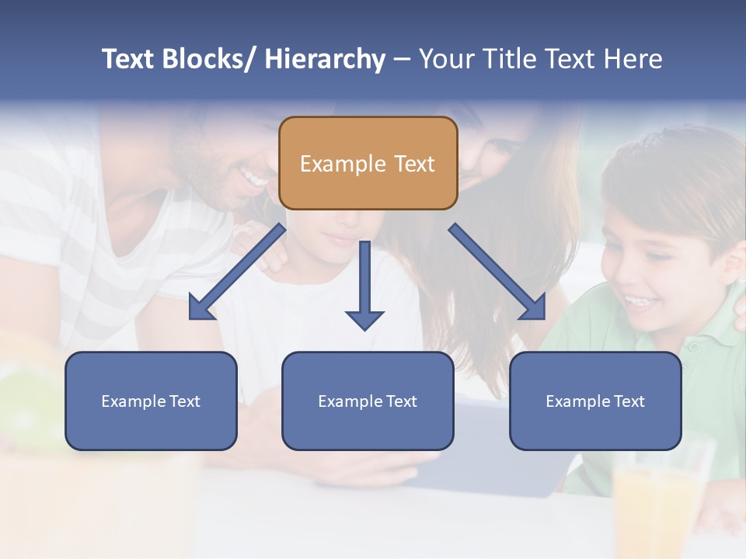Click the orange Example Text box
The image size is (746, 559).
(x=368, y=163)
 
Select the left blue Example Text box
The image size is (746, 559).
(x=151, y=401)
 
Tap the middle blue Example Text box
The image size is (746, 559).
(x=368, y=401)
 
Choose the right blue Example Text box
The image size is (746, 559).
(x=595, y=401)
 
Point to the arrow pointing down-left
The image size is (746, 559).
(x=237, y=272)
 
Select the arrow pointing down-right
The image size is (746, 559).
(x=497, y=272)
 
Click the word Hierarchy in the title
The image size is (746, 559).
(x=325, y=59)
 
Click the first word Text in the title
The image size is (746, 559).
(x=129, y=59)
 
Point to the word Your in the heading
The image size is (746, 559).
(x=444, y=59)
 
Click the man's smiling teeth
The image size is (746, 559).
(x=254, y=179)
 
